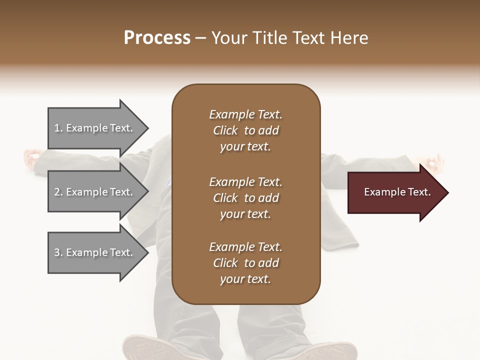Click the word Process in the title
(157, 38)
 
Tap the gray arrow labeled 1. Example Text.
(95, 128)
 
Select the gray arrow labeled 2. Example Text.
(95, 192)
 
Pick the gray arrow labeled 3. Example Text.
(95, 252)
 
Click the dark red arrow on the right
(395, 192)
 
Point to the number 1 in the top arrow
(57, 128)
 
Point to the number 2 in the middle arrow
(57, 192)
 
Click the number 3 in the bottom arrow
(57, 252)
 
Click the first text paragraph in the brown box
(245, 130)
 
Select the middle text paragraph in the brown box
(245, 198)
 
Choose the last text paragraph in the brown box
(245, 263)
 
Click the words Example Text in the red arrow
(397, 192)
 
